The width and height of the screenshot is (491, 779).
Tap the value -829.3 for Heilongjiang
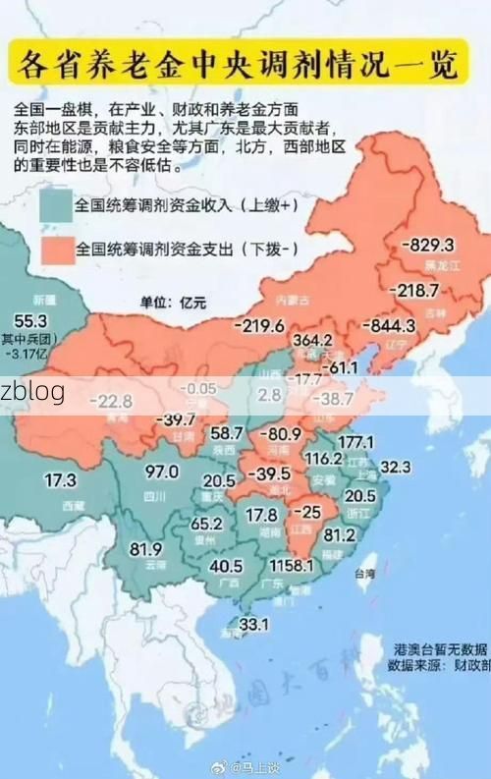pyautogui.click(x=428, y=246)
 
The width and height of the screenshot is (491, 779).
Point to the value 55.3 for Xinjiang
pyautogui.click(x=30, y=321)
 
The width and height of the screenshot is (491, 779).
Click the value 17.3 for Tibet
pyautogui.click(x=60, y=480)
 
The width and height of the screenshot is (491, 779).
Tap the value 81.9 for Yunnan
pyautogui.click(x=145, y=548)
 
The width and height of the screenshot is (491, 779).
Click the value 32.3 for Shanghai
pyautogui.click(x=395, y=466)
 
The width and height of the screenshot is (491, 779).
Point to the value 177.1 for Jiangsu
pyautogui.click(x=355, y=442)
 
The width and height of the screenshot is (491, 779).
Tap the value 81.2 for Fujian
pyautogui.click(x=339, y=535)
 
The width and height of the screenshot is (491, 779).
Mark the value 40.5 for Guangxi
pyautogui.click(x=226, y=566)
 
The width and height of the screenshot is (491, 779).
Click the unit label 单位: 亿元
pyautogui.click(x=173, y=303)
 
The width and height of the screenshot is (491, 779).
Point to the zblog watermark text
pyautogui.click(x=32, y=392)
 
